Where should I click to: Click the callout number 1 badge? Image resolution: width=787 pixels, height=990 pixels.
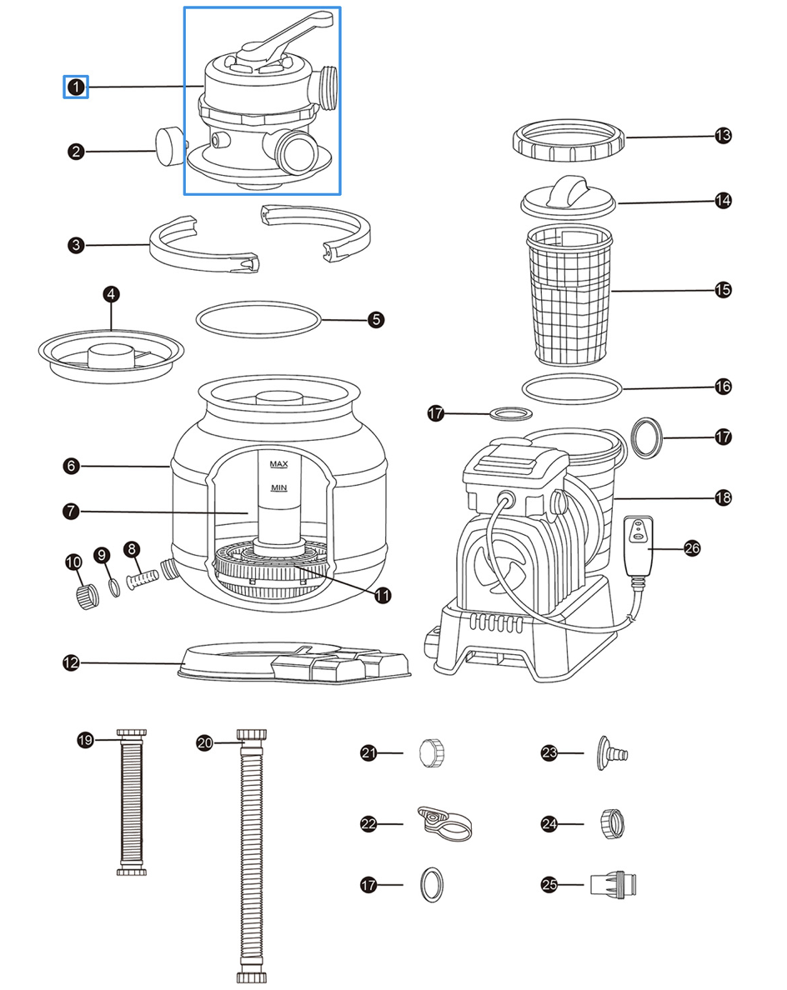click(x=76, y=87)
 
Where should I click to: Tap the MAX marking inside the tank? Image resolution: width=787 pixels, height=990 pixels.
click(x=278, y=464)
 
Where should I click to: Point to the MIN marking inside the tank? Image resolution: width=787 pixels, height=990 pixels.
click(x=278, y=487)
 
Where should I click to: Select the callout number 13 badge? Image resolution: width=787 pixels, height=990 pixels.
click(x=723, y=136)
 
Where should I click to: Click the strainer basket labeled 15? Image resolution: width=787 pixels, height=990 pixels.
click(x=569, y=296)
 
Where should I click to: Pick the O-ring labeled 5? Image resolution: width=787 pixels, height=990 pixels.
click(x=258, y=319)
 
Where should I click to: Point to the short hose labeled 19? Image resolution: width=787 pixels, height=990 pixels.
click(x=132, y=802)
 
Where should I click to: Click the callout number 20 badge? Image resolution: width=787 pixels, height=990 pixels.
click(x=204, y=742)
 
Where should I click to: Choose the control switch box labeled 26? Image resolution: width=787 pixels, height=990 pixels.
click(x=638, y=546)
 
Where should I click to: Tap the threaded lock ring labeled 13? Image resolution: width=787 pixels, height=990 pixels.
click(x=569, y=140)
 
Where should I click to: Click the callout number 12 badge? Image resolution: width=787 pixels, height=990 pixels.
click(x=72, y=663)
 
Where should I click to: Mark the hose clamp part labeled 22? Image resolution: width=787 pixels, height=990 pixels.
click(x=444, y=823)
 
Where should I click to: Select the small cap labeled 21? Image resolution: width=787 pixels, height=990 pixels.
click(x=432, y=752)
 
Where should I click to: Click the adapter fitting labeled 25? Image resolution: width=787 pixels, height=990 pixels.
click(x=613, y=884)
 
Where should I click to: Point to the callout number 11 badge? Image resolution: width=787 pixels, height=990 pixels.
click(x=382, y=595)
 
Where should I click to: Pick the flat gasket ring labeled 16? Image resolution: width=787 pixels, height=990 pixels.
click(x=572, y=388)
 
